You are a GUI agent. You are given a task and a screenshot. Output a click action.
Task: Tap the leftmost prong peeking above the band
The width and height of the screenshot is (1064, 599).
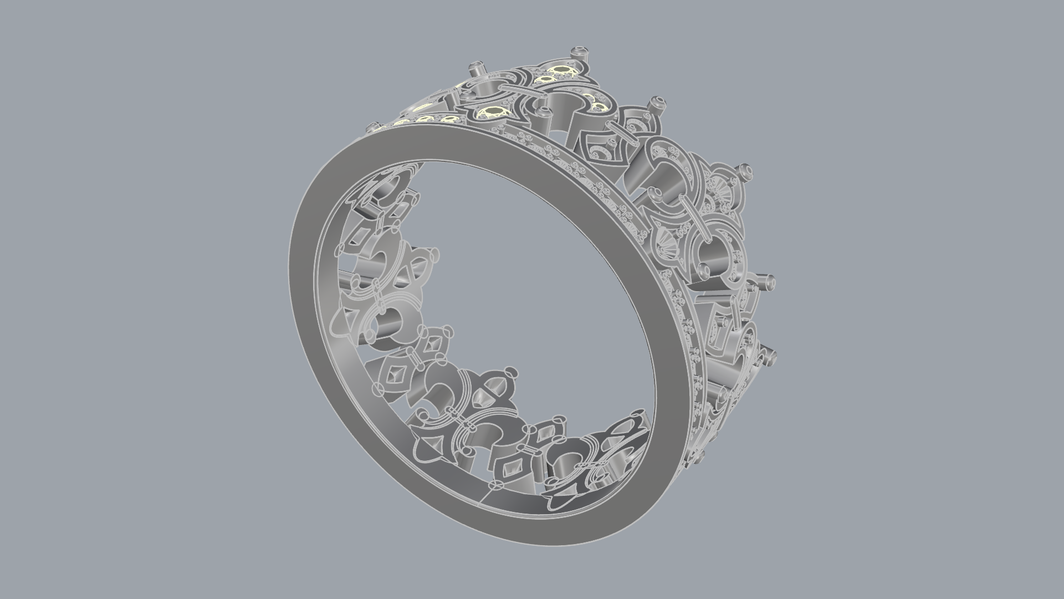click(372, 128)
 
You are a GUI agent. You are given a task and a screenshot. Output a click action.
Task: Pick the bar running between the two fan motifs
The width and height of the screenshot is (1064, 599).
click(694, 213)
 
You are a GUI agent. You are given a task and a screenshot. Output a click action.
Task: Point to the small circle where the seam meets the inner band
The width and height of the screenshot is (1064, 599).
click(495, 485)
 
